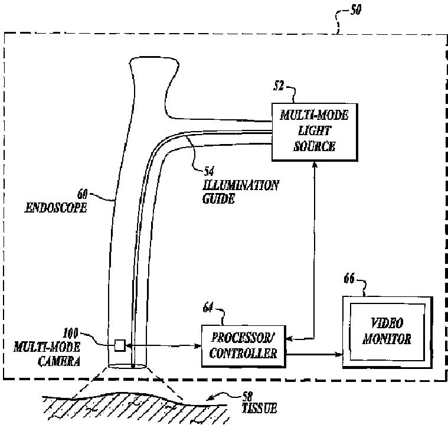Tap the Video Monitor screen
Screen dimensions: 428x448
click(x=387, y=331)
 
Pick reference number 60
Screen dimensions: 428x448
click(x=83, y=192)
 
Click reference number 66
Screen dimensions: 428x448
click(x=349, y=279)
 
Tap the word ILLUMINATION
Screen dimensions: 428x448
click(x=238, y=185)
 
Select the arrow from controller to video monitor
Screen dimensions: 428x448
click(x=313, y=355)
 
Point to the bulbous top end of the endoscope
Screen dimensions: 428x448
click(x=151, y=68)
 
